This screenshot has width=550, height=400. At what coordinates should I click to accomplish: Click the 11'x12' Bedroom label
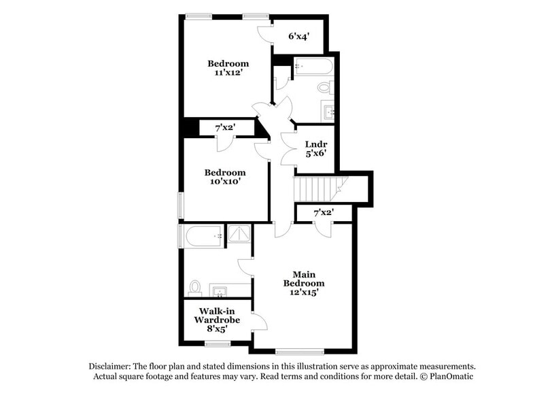click(x=228, y=69)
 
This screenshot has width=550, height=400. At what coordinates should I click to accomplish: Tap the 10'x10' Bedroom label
click(x=225, y=178)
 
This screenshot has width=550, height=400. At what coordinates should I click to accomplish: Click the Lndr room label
click(x=317, y=148)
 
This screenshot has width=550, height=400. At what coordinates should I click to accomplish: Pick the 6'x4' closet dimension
click(x=298, y=37)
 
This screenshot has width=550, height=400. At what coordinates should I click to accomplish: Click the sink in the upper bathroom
click(x=328, y=111)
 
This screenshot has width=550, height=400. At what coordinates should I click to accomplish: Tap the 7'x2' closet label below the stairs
click(x=324, y=213)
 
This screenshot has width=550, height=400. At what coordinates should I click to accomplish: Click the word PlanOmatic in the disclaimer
click(x=448, y=376)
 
